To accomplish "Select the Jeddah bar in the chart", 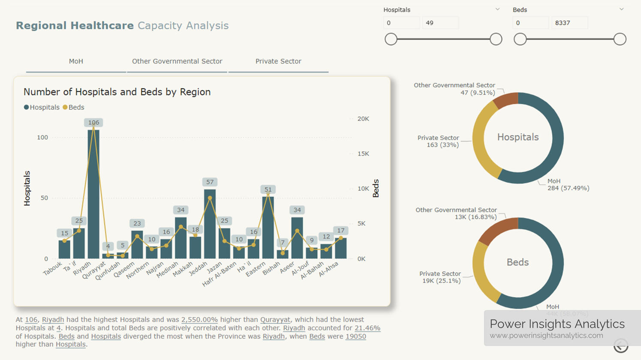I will [x=210, y=225].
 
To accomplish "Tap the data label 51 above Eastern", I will [x=268, y=189].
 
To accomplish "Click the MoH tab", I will [x=76, y=61].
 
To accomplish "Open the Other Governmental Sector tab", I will [x=177, y=61].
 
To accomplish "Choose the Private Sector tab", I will [x=278, y=61].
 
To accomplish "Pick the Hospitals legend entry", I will [x=42, y=107].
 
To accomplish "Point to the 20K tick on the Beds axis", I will [x=363, y=119].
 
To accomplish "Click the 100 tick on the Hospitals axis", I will [x=42, y=138].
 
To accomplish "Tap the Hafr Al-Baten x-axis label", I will [x=220, y=274].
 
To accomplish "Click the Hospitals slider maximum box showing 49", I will [x=440, y=23].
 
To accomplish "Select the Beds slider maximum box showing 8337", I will [x=569, y=23].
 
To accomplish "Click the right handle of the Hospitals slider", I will [x=496, y=39].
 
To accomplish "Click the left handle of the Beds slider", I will [x=520, y=39].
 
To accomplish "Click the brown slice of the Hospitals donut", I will [x=506, y=100].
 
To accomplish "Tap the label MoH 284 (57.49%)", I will [x=568, y=185].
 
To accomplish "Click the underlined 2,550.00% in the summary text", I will [x=199, y=320].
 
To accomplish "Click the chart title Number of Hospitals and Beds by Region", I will [x=117, y=92].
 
